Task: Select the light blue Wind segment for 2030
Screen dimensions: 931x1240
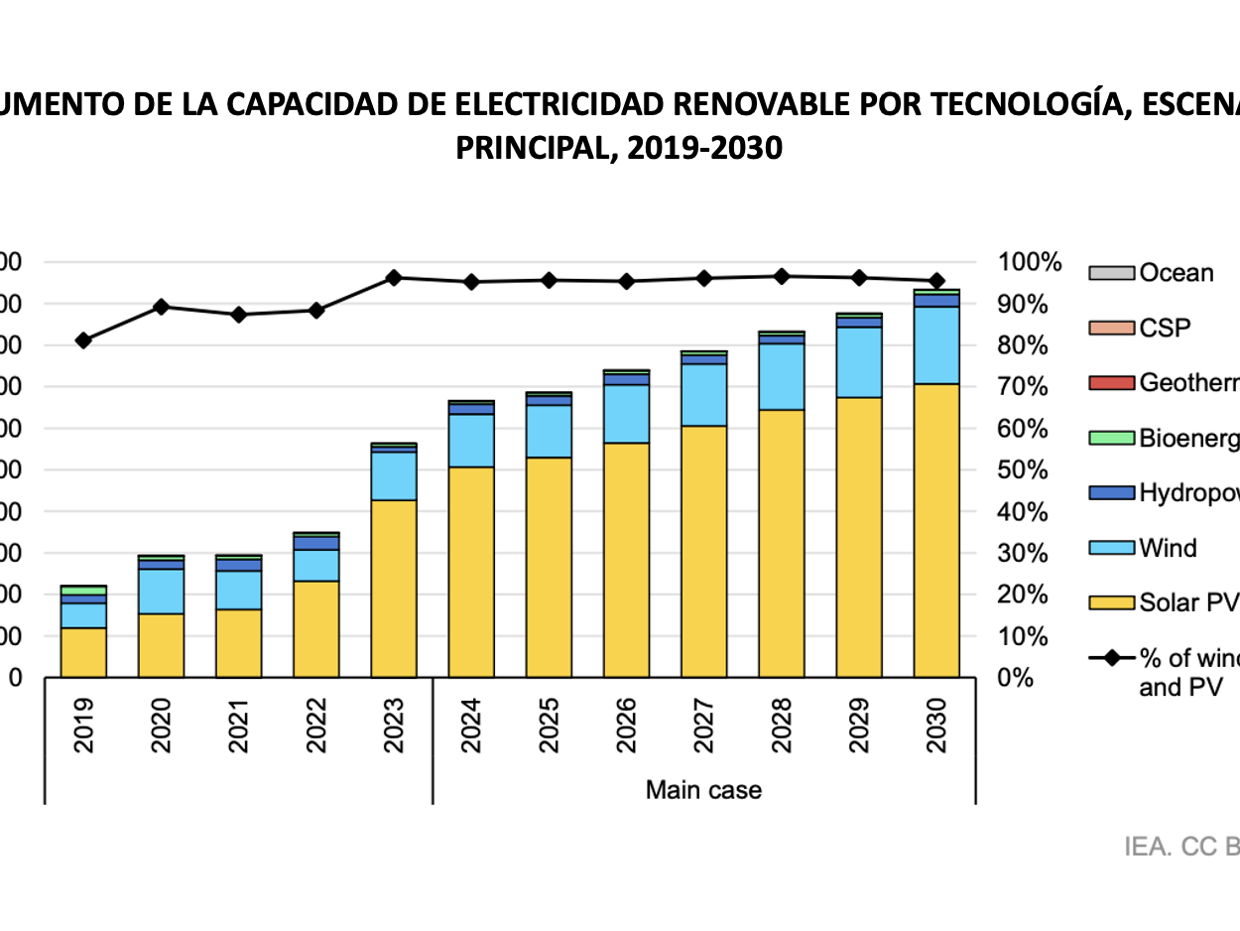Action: [x=936, y=344]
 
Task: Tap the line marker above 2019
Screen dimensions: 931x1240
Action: [x=84, y=340]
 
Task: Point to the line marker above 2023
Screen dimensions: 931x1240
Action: [x=394, y=278]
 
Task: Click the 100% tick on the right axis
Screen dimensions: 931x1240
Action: [x=1030, y=263]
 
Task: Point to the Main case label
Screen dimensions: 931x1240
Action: [x=703, y=790]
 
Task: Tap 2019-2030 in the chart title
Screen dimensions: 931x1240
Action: [x=712, y=148]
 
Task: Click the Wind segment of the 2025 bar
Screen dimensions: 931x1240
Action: [x=549, y=431]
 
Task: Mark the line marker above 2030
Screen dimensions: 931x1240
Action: [x=936, y=281]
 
